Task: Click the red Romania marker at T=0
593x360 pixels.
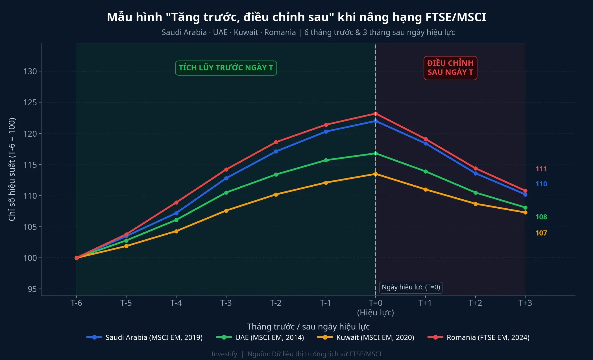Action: [x=376, y=114]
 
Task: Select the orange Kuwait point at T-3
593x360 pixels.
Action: [x=226, y=211]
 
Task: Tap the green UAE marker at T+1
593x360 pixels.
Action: [x=426, y=171]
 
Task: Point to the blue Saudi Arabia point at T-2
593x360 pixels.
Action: [x=276, y=152]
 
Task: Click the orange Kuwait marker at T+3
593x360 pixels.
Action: [x=525, y=212]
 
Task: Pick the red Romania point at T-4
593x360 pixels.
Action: [x=176, y=202]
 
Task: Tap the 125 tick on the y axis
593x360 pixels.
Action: [x=30, y=102]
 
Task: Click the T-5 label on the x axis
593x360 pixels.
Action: [x=126, y=303]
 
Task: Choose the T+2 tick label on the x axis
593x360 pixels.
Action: [x=475, y=303]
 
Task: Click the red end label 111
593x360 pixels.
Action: [x=541, y=169]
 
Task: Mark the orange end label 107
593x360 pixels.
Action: [x=541, y=233]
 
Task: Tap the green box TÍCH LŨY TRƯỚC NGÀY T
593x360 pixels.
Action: [x=226, y=68]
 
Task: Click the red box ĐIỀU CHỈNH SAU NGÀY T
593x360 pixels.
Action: [x=450, y=68]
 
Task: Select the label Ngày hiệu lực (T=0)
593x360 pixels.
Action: [x=411, y=287]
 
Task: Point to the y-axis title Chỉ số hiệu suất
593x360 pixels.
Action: [x=12, y=169]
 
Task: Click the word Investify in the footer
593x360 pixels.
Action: [x=224, y=354]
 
